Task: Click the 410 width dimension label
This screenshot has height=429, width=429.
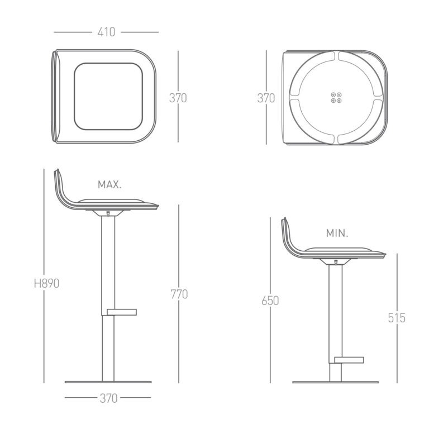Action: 106,32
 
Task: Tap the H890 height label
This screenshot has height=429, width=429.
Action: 46,283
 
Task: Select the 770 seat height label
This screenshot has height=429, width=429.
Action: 179,294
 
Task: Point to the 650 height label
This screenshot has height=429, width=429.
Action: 270,301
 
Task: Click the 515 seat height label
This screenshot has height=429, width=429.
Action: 397,318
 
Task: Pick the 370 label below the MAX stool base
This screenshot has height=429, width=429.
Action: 108,398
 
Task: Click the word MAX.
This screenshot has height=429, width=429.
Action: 109,185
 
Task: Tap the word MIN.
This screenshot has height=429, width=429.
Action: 337,233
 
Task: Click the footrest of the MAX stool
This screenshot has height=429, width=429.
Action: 121,312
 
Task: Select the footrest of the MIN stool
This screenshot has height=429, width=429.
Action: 349,360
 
